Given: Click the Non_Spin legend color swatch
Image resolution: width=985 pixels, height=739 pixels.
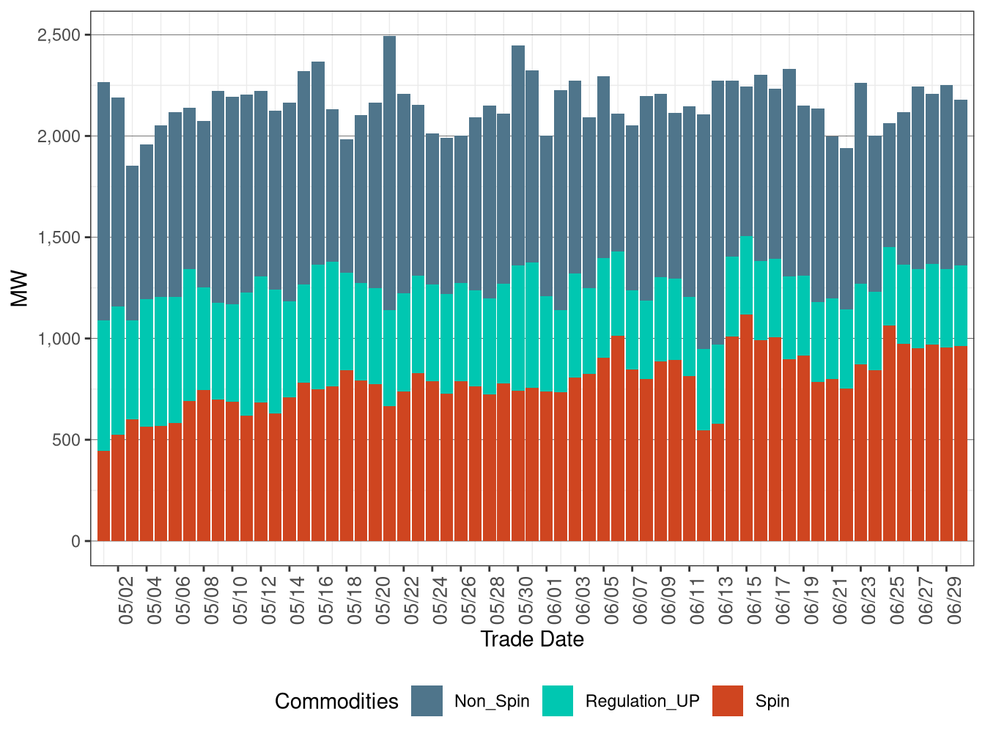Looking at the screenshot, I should pos(427,701).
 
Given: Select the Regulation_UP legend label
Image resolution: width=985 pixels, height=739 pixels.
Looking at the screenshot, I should pos(642,702).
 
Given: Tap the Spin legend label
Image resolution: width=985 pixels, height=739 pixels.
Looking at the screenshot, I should pos(772,702).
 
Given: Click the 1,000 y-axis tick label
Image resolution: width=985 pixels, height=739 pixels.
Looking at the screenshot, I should pos(59,339).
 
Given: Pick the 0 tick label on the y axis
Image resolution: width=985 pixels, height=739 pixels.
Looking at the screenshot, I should pos(76,541).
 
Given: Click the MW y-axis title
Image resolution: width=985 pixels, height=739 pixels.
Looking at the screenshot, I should pos(20,289).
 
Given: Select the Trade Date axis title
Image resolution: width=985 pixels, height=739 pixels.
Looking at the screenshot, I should pos(532,639).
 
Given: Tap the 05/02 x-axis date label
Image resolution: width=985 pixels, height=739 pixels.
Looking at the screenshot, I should pos(126,601).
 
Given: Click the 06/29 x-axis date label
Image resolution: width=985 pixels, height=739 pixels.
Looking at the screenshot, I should pos(954,601).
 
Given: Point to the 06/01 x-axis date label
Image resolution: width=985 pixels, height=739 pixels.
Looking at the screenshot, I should pos(554,601).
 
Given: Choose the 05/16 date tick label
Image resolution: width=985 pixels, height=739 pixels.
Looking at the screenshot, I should pos(326,601).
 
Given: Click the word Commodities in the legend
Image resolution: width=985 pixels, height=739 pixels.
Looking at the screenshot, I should pos(336,702).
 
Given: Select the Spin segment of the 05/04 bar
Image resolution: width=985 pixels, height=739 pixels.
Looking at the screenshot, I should pos(147,484).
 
